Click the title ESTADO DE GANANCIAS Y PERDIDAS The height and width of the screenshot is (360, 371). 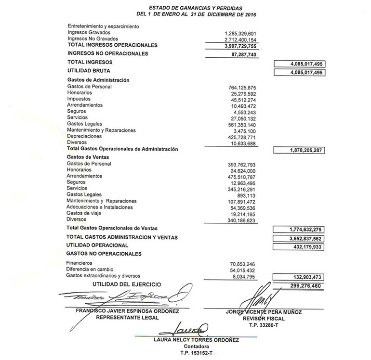click(195, 8)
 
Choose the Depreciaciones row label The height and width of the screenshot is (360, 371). click(84, 136)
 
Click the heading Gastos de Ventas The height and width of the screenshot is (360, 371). click(89, 157)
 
